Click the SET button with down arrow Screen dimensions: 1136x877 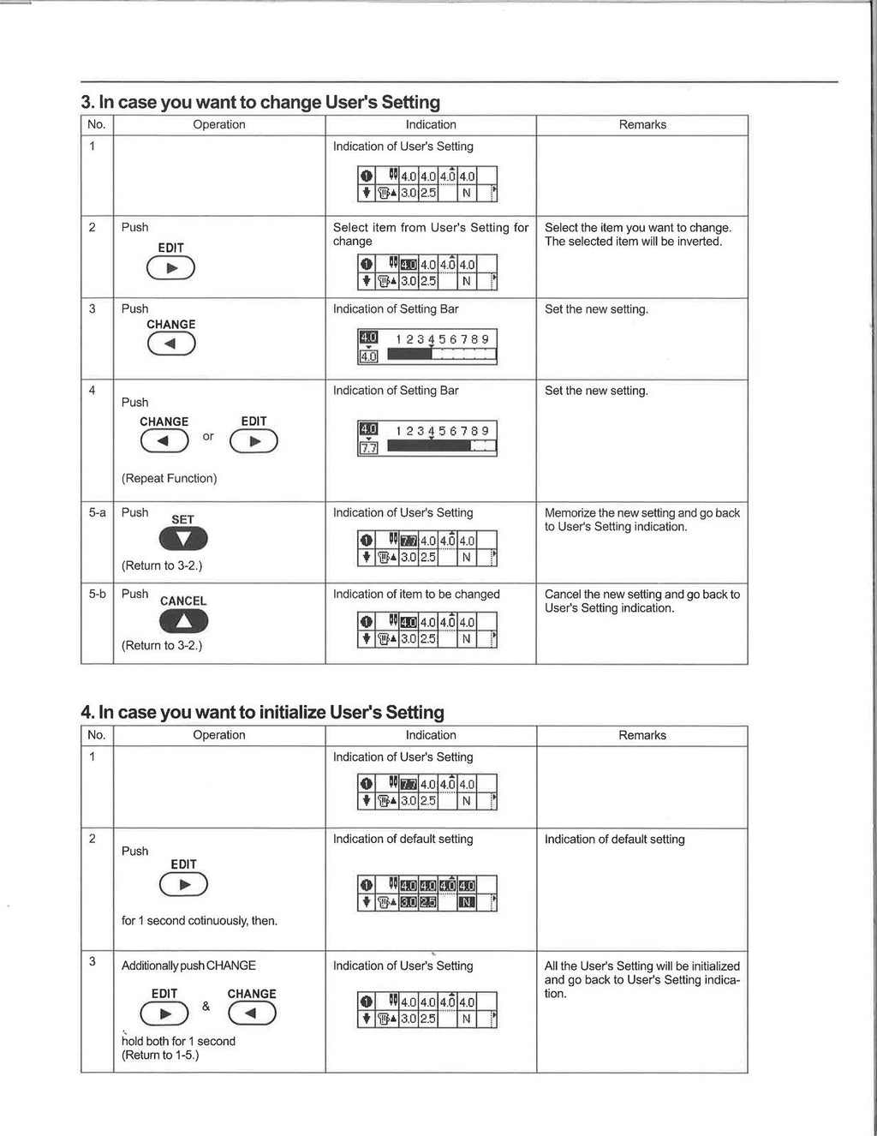[x=183, y=539]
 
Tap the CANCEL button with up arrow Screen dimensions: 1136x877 [x=183, y=620]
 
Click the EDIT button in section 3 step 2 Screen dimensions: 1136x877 [x=170, y=268]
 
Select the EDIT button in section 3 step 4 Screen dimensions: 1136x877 [x=254, y=440]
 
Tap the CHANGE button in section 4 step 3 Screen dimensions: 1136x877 [x=252, y=1013]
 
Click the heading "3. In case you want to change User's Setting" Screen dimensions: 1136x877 [x=260, y=102]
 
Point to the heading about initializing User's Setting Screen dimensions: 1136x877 [x=262, y=712]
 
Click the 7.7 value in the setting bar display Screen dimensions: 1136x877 [x=368, y=448]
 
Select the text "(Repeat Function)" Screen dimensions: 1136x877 [x=169, y=478]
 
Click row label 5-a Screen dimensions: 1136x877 [x=97, y=512]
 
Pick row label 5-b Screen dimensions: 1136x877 [x=97, y=594]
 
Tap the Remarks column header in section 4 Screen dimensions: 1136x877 [x=642, y=735]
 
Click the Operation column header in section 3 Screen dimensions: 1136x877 [x=219, y=124]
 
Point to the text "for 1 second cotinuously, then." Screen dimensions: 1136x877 [x=200, y=920]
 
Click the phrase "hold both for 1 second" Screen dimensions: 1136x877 [x=178, y=1041]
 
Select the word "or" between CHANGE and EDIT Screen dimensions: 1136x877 [x=208, y=436]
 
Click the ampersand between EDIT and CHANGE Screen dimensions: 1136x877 [x=206, y=1007]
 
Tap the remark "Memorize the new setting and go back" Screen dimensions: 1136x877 [x=642, y=512]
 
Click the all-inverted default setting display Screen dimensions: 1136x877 [x=427, y=893]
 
